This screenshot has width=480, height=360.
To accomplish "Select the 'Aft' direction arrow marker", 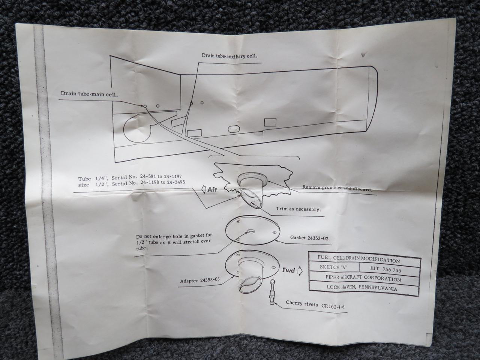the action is point(210,190).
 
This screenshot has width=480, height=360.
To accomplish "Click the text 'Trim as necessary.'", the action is point(298,209).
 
